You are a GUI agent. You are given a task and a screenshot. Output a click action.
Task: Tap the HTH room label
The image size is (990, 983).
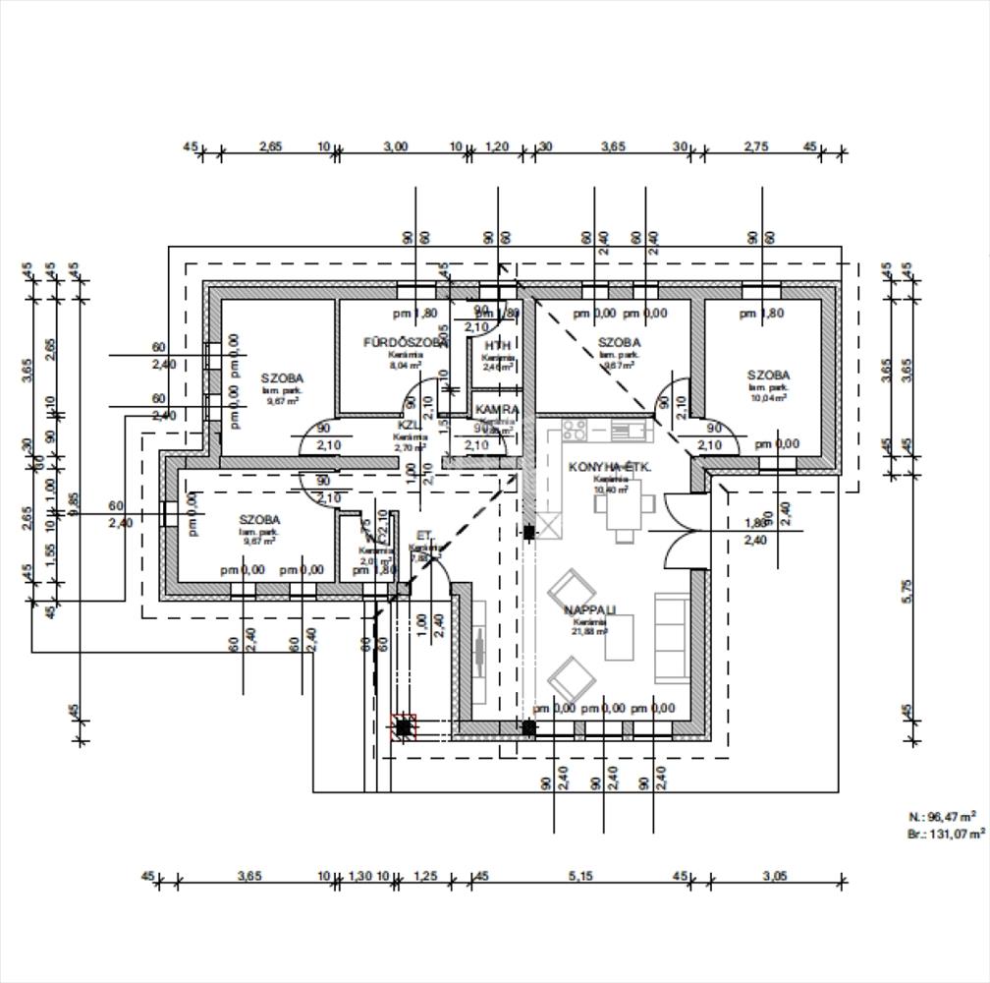pyautogui.click(x=498, y=346)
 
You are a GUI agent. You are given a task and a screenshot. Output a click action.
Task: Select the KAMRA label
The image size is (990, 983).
pyautogui.click(x=497, y=409)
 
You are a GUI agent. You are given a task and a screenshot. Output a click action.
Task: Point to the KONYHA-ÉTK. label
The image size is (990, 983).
pyautogui.click(x=610, y=467)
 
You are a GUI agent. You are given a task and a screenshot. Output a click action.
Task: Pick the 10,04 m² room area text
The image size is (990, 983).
pyautogui.click(x=768, y=398)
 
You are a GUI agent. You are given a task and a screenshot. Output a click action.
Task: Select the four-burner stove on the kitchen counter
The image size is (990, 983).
pyautogui.click(x=575, y=430)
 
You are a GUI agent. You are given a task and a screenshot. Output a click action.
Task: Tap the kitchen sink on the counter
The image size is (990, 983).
pyautogui.click(x=625, y=430)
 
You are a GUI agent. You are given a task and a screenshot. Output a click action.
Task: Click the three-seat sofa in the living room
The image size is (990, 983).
pyautogui.click(x=672, y=637)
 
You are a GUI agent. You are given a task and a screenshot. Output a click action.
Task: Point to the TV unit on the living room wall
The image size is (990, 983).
pyautogui.click(x=479, y=651)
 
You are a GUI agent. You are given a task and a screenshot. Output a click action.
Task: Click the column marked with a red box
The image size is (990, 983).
pyautogui.click(x=404, y=728)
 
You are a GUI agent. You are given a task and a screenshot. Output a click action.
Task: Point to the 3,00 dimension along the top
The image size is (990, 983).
pyautogui.click(x=396, y=146)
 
